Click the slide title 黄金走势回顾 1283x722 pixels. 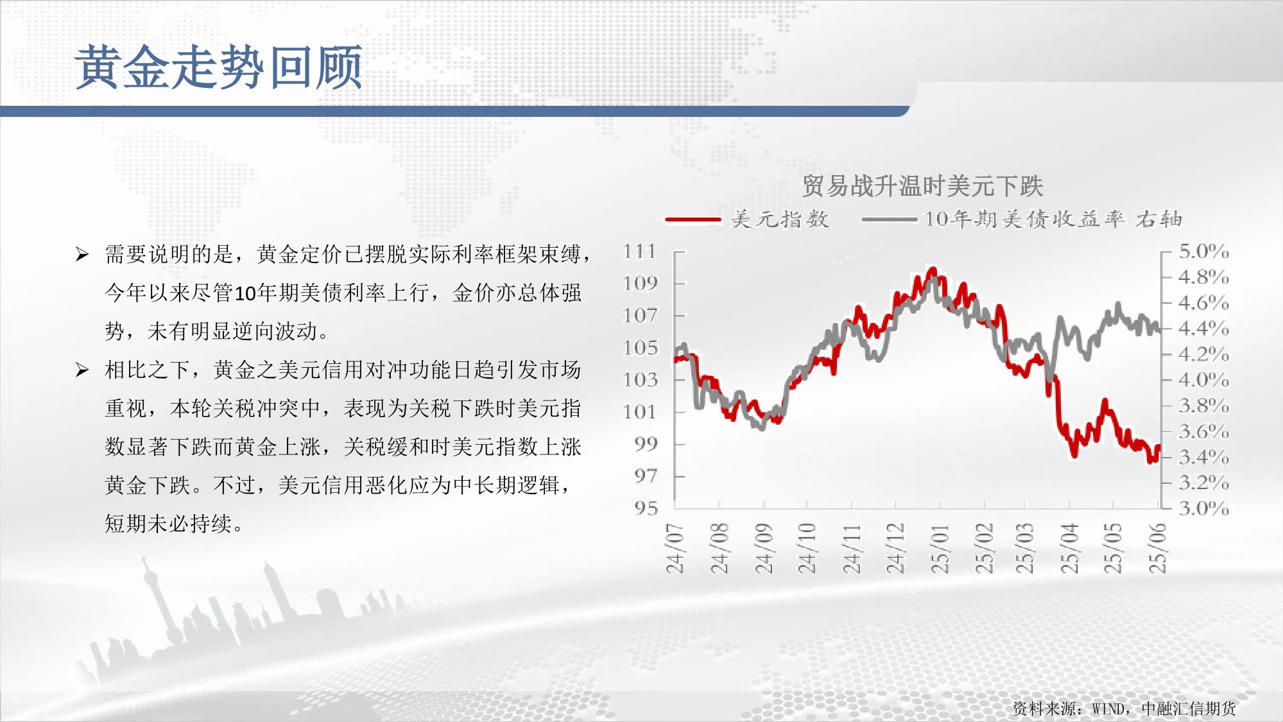click(219, 67)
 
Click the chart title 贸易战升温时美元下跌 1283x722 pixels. click(922, 186)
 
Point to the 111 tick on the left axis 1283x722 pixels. click(640, 251)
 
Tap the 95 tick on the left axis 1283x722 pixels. click(646, 508)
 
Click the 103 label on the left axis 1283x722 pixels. click(640, 379)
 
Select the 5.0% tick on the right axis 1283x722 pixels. click(1203, 251)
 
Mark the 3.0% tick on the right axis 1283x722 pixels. click(1203, 508)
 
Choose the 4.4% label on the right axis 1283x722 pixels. click(1203, 328)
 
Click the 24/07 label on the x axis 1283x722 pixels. click(675, 547)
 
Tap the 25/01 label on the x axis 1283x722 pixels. click(940, 547)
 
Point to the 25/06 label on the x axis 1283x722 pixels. click(1157, 547)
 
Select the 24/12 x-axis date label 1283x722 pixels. click(895, 547)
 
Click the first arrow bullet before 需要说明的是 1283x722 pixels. click(82, 255)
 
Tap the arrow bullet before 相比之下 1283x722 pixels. click(82, 370)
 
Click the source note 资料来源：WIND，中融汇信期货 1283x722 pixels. click(1124, 708)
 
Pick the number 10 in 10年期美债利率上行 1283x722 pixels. click(246, 293)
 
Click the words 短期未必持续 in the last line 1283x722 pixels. click(168, 524)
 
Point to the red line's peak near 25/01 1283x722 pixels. click(933, 270)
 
